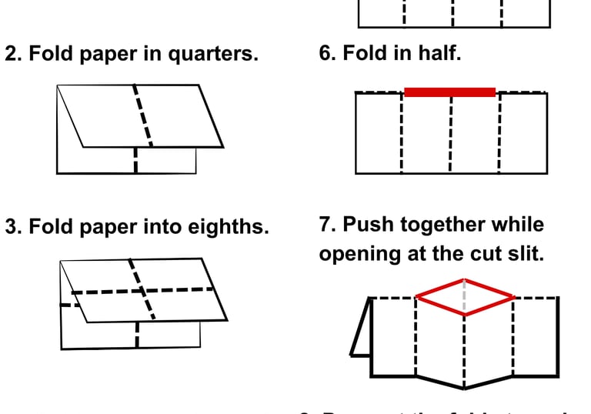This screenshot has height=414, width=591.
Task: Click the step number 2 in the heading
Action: click(12, 55)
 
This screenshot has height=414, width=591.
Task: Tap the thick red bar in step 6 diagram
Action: click(449, 92)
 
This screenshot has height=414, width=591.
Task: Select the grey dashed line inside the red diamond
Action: click(464, 295)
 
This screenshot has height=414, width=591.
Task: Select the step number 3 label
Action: click(12, 227)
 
